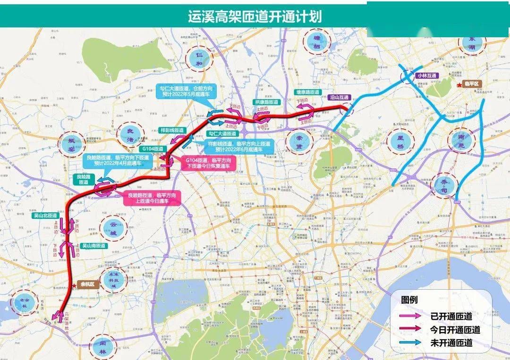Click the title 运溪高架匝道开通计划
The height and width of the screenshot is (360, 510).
[255, 17]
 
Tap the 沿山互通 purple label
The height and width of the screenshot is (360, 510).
[339, 97]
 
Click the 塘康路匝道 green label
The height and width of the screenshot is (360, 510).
[307, 92]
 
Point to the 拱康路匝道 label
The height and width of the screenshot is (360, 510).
[267, 102]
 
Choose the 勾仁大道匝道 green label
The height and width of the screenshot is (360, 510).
[222, 134]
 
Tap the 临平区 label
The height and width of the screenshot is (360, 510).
[472, 84]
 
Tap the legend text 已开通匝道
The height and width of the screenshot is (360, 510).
[451, 316]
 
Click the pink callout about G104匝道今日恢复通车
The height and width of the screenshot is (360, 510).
[209, 163]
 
